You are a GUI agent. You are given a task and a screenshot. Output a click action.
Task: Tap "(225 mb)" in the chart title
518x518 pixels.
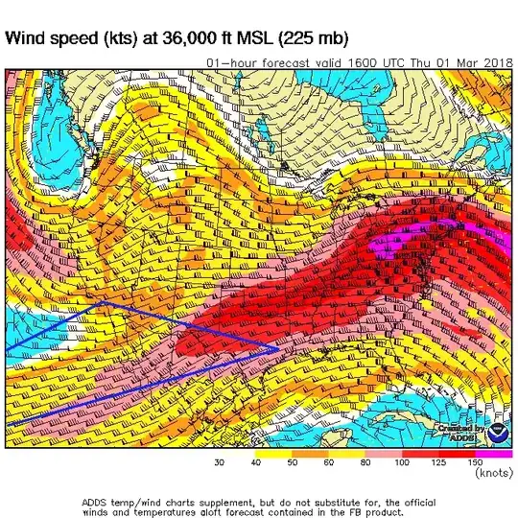[x=308, y=39]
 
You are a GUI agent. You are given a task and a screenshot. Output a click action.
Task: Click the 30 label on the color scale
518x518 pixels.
[x=220, y=462]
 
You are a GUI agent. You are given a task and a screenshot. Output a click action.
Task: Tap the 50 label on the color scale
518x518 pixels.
[x=294, y=462]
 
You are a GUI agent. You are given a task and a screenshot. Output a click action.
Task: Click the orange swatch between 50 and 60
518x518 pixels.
[x=312, y=452]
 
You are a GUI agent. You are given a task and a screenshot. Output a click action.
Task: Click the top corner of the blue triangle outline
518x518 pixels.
[x=105, y=302]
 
